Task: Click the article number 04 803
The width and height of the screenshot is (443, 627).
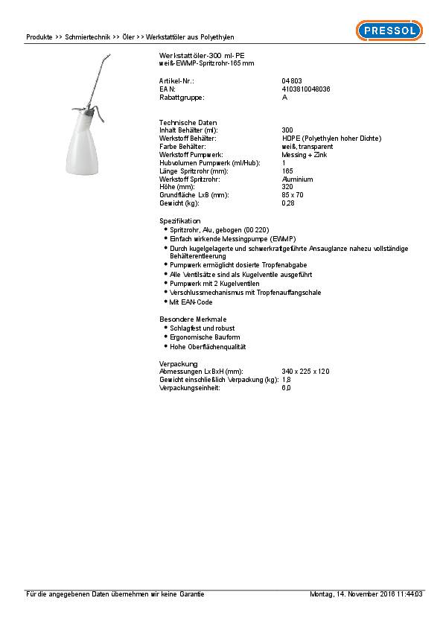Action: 291,80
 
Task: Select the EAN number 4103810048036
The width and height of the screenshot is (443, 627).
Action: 306,89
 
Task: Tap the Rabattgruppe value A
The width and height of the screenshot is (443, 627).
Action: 284,98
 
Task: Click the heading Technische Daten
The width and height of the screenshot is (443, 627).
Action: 182,122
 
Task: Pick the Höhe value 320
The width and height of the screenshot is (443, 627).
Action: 287,187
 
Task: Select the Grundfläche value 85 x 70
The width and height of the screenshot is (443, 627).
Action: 293,194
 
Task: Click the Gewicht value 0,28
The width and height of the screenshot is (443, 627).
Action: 288,203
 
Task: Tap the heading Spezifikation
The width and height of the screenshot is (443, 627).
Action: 180,221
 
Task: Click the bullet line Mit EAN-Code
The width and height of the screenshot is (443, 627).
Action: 191,302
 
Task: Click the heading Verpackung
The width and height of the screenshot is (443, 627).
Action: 178,363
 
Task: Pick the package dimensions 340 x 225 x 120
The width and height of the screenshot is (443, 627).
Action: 306,371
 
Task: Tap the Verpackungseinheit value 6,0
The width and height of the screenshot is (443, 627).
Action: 286,388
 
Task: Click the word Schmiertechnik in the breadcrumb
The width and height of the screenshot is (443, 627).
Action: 88,36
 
